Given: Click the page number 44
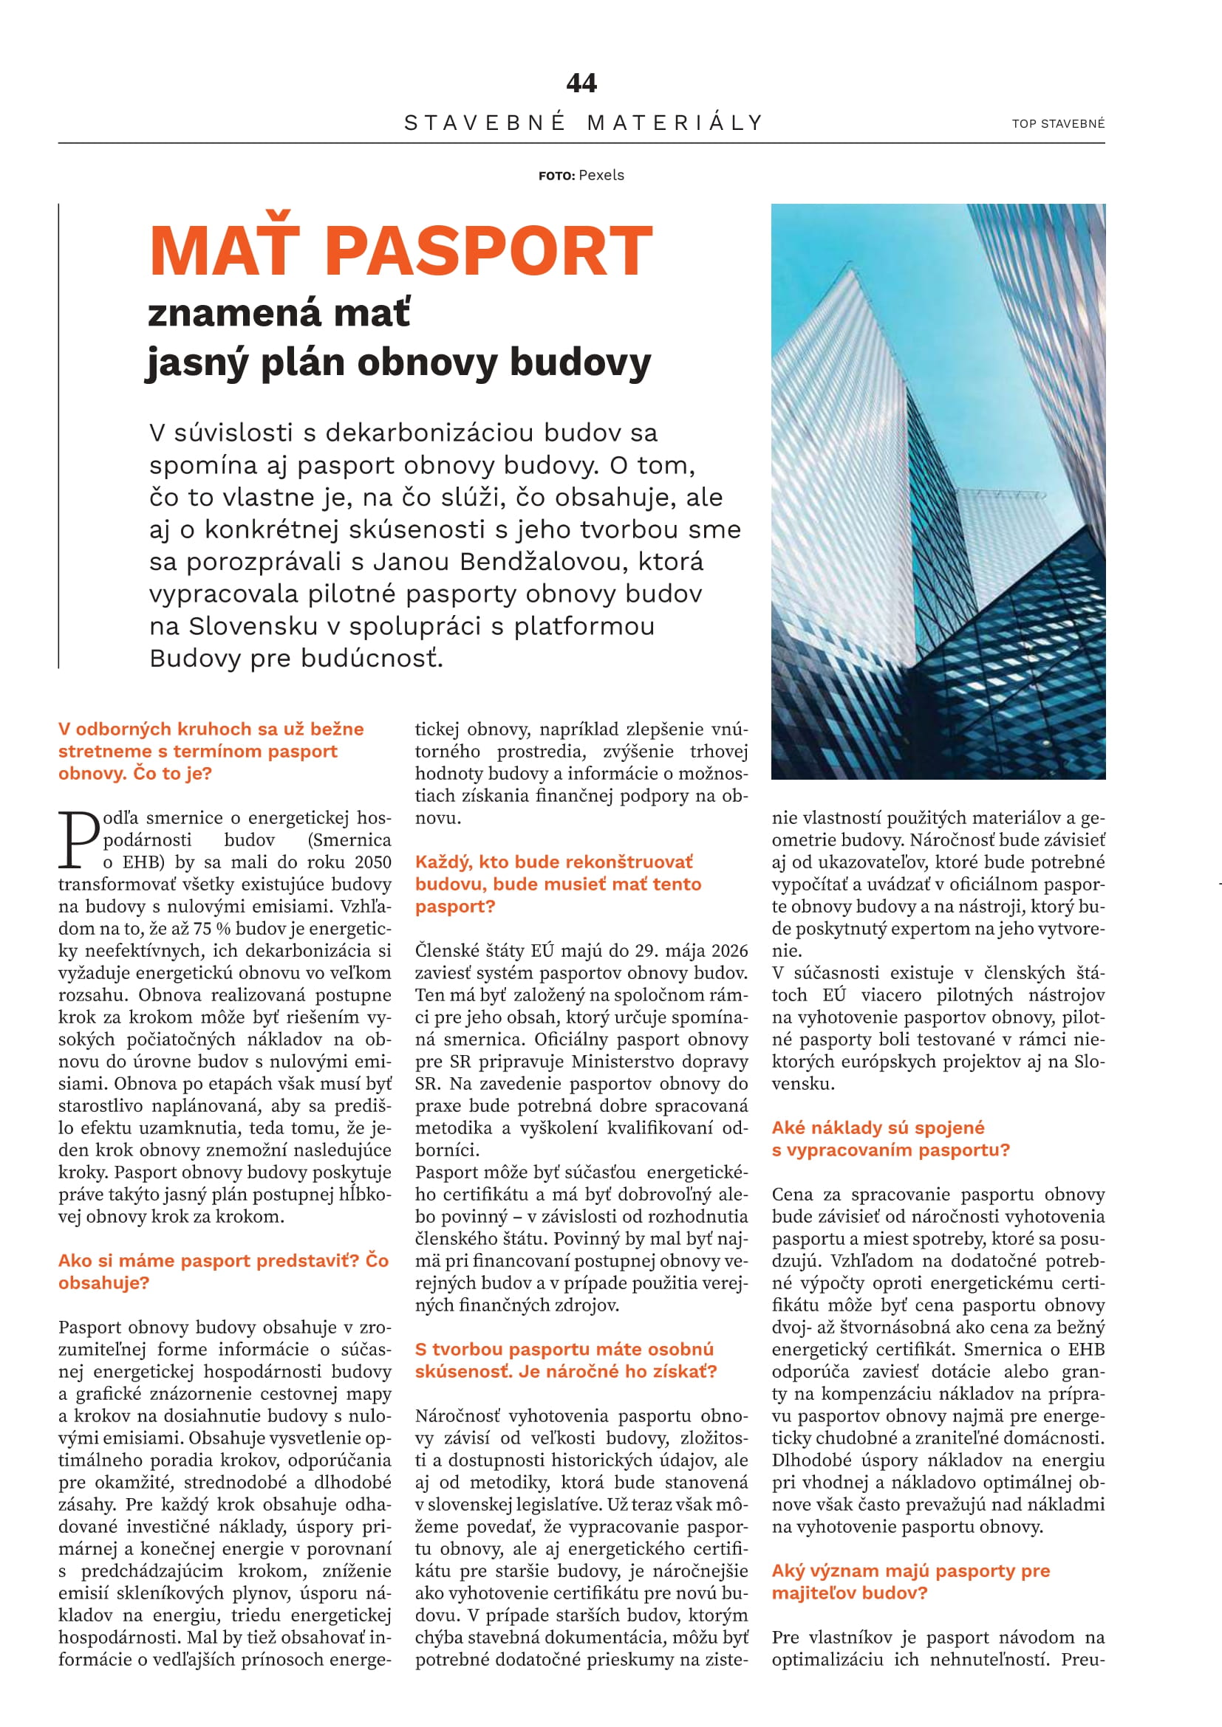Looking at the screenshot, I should tap(581, 83).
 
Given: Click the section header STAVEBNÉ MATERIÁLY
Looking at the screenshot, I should tap(584, 123).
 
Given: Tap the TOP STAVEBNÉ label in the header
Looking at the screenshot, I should tap(1058, 124).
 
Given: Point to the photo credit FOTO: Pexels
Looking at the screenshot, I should tap(581, 175).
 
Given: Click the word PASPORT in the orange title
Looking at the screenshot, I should tap(488, 252).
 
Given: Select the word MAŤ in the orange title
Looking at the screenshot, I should tap(225, 252).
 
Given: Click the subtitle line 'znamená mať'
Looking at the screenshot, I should tap(279, 313).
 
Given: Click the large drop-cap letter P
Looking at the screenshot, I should tap(78, 840).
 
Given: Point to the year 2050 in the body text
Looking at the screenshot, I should tap(372, 862).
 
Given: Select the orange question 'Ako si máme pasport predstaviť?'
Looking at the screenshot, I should tap(209, 1260).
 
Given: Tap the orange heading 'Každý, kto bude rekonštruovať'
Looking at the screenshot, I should tap(554, 862).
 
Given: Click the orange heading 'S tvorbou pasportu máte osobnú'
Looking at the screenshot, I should tap(564, 1350).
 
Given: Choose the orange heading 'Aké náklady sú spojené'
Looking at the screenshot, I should tap(878, 1127).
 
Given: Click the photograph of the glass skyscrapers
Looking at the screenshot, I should tap(938, 490).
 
